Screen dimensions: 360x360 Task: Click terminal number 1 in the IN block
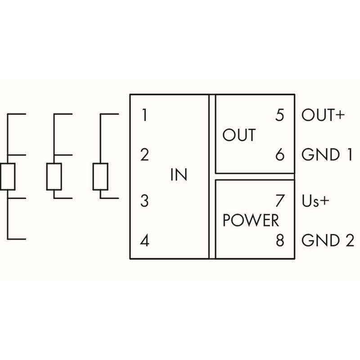(x=144, y=116)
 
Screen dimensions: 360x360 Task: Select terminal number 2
(x=144, y=155)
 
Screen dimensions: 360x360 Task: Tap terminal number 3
(x=144, y=201)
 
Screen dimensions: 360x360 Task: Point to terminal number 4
(x=144, y=241)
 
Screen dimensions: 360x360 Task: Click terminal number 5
(x=280, y=116)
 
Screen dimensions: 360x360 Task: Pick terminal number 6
(x=280, y=155)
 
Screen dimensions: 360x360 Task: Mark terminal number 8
(x=280, y=241)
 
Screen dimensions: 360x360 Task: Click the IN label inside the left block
(x=179, y=175)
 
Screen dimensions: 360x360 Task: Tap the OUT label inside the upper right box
(x=239, y=135)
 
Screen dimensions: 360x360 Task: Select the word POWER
(x=251, y=220)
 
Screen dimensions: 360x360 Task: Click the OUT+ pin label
(x=323, y=116)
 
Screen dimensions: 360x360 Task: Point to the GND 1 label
(x=327, y=155)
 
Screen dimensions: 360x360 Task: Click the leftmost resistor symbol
(x=8, y=176)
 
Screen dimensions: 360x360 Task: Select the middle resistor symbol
(x=54, y=176)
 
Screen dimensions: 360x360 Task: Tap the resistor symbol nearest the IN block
(x=100, y=176)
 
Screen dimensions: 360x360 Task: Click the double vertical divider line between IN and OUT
(x=212, y=176)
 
